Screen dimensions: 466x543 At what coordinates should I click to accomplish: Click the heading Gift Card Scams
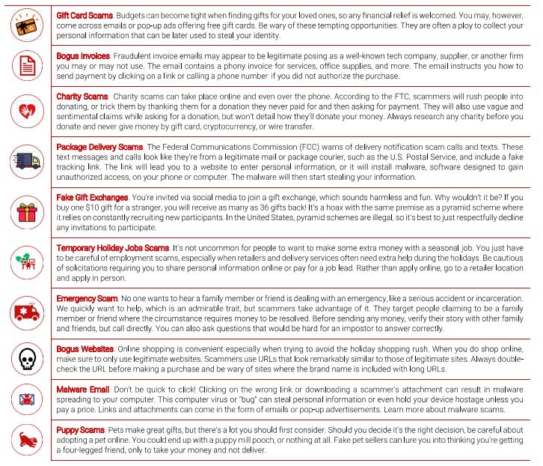coord(84,15)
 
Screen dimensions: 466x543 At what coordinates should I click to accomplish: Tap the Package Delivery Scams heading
coord(99,146)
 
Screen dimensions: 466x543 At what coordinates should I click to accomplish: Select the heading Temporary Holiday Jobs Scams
coord(113,247)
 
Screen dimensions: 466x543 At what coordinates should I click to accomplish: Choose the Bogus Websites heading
coord(85,349)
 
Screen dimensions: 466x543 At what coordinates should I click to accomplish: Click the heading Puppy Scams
coord(81,430)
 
